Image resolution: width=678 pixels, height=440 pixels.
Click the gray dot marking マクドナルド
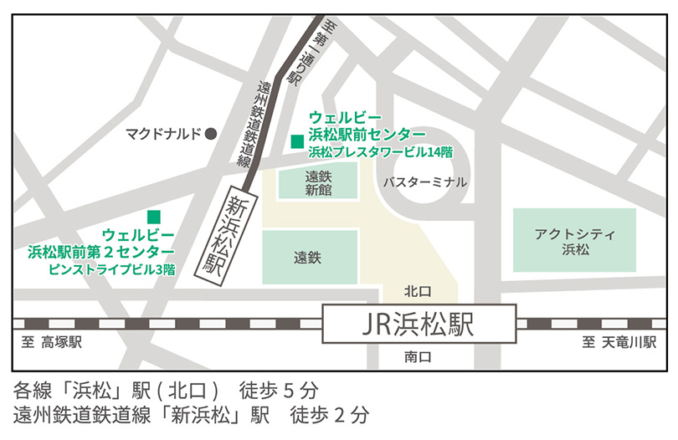(212, 133)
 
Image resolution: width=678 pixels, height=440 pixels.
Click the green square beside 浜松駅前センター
(296, 141)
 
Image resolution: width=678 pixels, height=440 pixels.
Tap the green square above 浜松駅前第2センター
(154, 217)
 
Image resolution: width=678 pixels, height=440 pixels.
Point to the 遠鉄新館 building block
(318, 182)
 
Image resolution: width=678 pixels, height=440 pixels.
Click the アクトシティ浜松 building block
(574, 240)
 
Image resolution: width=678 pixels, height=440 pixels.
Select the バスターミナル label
(425, 182)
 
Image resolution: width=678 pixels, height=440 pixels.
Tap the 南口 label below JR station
(416, 356)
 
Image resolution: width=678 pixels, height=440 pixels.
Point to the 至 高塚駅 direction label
(53, 343)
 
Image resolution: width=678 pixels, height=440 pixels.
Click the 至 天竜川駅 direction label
(619, 343)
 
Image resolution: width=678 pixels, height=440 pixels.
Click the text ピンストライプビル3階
(111, 269)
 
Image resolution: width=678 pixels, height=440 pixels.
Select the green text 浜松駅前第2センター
(101, 252)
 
